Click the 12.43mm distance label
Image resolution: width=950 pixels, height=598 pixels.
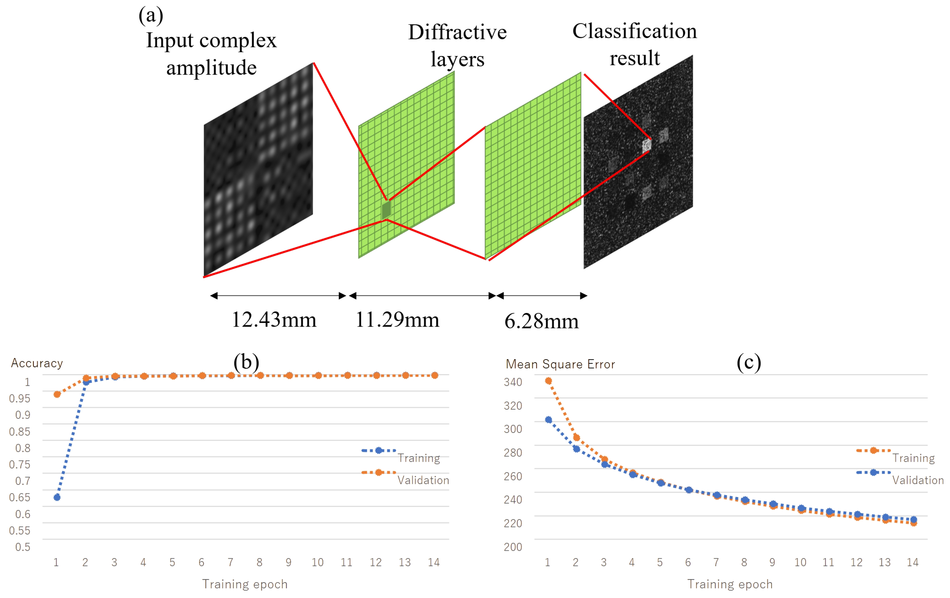[274, 320]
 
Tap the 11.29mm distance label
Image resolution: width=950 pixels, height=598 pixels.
[397, 320]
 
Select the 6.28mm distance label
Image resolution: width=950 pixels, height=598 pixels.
[541, 321]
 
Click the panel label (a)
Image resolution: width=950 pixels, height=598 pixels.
[151, 16]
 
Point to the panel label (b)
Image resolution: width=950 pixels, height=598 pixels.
[246, 362]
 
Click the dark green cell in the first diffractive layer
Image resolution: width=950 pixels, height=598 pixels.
[386, 210]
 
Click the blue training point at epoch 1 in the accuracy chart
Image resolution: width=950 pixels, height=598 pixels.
[57, 497]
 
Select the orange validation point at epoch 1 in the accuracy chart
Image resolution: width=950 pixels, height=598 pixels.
[57, 394]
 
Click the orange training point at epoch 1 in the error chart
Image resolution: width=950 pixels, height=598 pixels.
[548, 381]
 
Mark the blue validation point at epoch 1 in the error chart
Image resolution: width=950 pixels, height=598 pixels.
[548, 420]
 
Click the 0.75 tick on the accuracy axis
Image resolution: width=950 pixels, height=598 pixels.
[20, 464]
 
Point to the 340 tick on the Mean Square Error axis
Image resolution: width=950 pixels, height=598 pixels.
[513, 382]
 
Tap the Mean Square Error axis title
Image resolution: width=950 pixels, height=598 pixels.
[560, 364]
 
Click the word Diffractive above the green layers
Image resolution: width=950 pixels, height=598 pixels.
[457, 32]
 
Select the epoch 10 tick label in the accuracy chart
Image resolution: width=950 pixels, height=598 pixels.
[318, 562]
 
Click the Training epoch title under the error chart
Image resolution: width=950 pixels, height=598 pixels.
[730, 584]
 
